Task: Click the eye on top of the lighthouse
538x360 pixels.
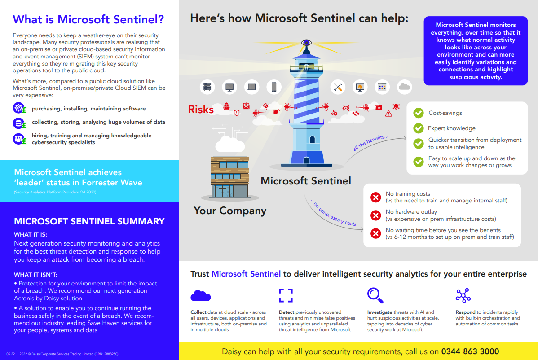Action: (x=306, y=43)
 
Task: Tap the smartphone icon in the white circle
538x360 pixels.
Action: (x=274, y=87)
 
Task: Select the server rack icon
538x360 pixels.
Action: (x=207, y=87)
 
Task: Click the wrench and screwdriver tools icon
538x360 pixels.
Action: (x=338, y=87)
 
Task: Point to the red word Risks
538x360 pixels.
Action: (x=201, y=110)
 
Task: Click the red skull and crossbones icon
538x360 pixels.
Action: (x=396, y=107)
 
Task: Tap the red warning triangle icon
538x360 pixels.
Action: (x=388, y=114)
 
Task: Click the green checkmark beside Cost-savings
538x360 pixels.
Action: (x=418, y=113)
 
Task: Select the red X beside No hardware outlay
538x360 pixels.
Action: (x=376, y=215)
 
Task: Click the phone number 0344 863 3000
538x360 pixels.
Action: (x=470, y=351)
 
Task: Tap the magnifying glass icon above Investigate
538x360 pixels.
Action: (x=375, y=295)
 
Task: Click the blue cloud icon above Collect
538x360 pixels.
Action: (x=200, y=295)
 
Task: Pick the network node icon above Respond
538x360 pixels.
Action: (x=463, y=295)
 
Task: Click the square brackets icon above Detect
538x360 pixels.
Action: (x=286, y=295)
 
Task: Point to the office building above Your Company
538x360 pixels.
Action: (x=230, y=177)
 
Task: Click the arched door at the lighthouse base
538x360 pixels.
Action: (x=306, y=160)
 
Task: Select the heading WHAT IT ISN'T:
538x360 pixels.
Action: (x=35, y=275)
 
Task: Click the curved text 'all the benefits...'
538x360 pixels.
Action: (x=370, y=143)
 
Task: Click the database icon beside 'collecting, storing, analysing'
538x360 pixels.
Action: (x=18, y=123)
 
